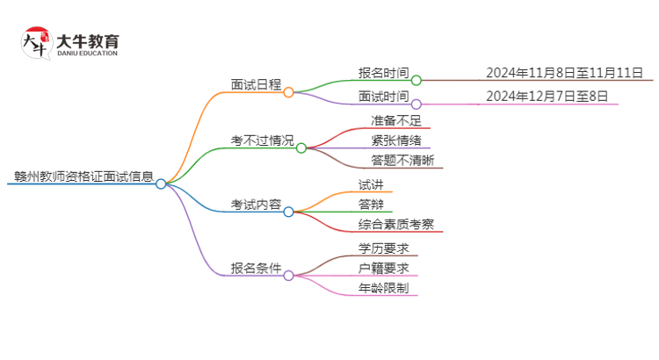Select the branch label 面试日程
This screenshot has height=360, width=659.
(256, 84)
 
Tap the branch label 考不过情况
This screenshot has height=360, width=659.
(262, 141)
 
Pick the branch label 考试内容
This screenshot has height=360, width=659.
(256, 205)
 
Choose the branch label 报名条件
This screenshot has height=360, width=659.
(256, 268)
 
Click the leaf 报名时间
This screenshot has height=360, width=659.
(383, 74)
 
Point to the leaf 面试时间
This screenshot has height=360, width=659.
(383, 97)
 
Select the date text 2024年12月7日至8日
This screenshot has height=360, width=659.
(546, 97)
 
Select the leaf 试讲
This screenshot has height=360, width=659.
(371, 184)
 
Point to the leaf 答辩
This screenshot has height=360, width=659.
(371, 205)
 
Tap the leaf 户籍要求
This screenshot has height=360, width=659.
(383, 268)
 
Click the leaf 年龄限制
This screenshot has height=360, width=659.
(383, 288)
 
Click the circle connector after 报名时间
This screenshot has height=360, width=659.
(416, 81)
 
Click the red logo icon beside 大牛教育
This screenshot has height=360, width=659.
(36, 43)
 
